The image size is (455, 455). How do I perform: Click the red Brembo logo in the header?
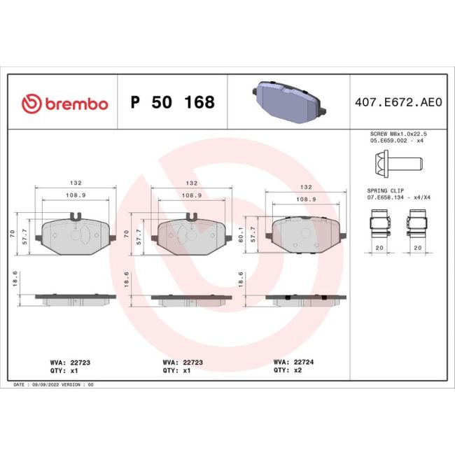(x=65, y=104)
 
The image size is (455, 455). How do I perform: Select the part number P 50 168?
(x=173, y=102)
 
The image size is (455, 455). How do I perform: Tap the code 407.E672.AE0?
(x=398, y=102)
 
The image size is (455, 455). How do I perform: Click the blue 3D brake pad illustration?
(x=289, y=102)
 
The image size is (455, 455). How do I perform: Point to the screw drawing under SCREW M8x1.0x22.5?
(x=398, y=163)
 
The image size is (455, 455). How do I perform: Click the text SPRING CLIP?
(x=386, y=190)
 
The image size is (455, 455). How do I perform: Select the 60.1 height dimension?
(x=241, y=234)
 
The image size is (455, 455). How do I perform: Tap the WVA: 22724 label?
(x=293, y=362)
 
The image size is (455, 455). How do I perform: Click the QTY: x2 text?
(x=287, y=370)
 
